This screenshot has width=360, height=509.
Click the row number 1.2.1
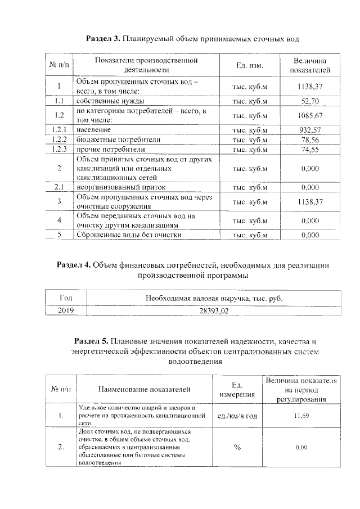coord(59,130)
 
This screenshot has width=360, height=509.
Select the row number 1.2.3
coord(59,150)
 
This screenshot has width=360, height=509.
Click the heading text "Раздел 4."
coord(75,264)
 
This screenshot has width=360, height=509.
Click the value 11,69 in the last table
coord(301,416)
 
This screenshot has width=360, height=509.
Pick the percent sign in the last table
coord(237,447)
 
